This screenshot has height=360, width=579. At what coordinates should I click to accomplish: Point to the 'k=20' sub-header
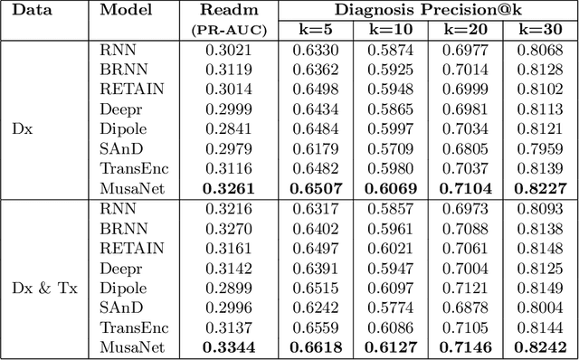467,29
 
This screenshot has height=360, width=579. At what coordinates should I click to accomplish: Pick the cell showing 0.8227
540,188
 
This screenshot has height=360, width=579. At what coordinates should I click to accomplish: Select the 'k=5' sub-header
316,29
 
